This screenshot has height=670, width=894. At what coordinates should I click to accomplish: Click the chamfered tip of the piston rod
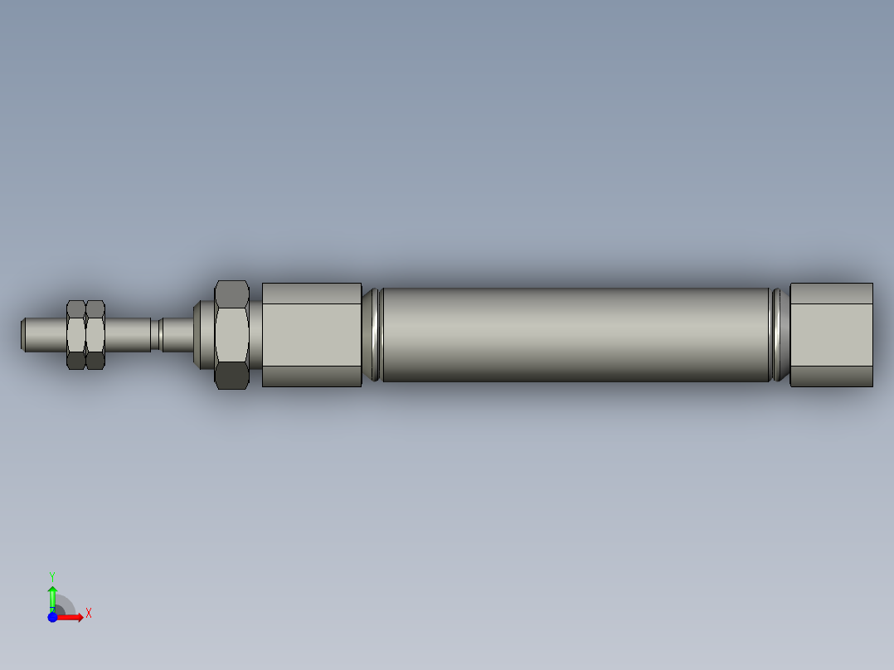[24, 334]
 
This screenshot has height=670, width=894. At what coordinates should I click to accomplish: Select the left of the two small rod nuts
[76, 334]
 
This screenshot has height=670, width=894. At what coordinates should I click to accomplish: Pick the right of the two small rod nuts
[95, 334]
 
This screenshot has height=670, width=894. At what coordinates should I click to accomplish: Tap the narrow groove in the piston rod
[156, 334]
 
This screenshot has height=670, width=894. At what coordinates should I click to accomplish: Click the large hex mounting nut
[231, 334]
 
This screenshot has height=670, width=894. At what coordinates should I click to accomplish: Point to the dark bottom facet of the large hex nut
[231, 376]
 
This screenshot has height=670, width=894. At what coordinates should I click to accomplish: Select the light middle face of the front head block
[312, 334]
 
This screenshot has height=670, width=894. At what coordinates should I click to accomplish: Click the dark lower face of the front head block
[312, 376]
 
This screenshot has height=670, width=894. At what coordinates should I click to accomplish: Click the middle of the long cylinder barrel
[576, 334]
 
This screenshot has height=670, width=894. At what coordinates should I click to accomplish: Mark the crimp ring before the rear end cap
[780, 334]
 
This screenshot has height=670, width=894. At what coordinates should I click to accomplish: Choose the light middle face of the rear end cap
[831, 334]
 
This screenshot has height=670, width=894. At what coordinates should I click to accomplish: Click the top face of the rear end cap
[831, 293]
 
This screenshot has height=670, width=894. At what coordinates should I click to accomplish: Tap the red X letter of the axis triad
[89, 614]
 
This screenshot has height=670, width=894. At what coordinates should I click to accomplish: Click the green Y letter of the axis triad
[52, 575]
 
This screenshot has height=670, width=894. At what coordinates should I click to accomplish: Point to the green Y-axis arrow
[52, 595]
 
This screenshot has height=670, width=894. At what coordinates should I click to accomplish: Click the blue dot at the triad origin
[52, 617]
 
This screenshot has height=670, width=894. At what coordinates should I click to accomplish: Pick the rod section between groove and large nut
[177, 334]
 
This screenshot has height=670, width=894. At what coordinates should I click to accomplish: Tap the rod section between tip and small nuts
[46, 334]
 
